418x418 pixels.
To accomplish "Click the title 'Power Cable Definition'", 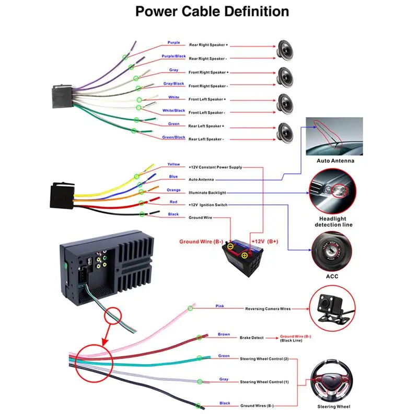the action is point(212,11).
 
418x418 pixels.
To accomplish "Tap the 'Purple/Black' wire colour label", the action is point(173,56).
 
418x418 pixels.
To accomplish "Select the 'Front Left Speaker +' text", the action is point(207,99).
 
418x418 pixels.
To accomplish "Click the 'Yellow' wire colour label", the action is point(173,164).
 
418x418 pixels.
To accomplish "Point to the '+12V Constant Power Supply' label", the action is point(215,167).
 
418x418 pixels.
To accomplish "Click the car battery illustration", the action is point(243,257).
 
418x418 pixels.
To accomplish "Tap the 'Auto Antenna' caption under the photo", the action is point(335,161).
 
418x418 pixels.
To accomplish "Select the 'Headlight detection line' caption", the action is point(333,222).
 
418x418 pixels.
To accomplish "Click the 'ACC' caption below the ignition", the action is point(332,276).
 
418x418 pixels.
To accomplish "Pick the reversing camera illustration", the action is point(332,308).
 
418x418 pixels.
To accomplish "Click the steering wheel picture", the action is point(332,381).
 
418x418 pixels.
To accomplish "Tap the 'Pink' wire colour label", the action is point(219,306).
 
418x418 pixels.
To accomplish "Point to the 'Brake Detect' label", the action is point(251,338).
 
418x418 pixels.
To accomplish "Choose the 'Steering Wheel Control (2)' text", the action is point(264,359).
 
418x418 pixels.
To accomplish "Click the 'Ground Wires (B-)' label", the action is point(257,405).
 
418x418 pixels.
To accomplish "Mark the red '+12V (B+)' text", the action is point(265,241).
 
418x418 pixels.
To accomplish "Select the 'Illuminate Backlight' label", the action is point(207,193).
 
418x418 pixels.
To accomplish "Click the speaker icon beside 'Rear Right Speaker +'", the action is point(285,50).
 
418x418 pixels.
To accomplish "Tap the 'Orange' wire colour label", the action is point(173,190).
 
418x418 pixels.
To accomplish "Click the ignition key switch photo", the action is point(332,252).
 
